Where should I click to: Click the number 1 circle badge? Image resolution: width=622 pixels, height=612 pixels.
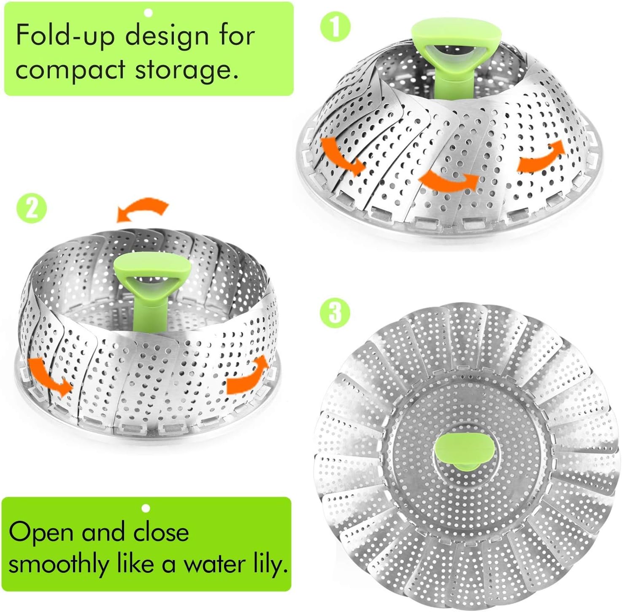335,27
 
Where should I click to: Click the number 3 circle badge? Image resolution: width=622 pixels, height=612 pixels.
335,313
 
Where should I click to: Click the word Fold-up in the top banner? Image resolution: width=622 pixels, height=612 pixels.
65,35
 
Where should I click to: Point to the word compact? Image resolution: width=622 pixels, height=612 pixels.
71,70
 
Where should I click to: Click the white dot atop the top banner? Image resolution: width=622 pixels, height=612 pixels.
148,13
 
